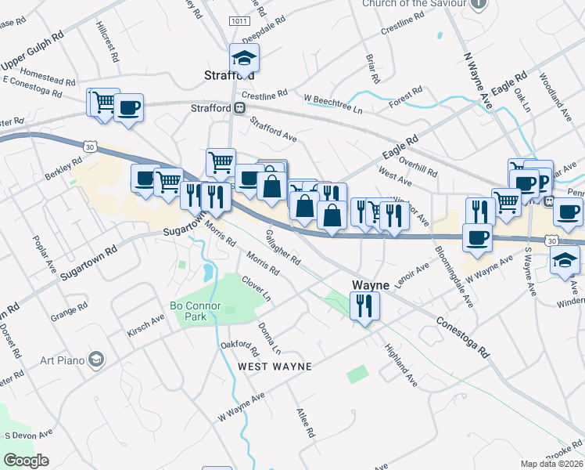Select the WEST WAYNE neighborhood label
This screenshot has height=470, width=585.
pos(275,367)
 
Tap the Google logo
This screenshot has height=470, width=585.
pos(27,460)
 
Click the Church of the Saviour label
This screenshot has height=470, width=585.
pos(414,4)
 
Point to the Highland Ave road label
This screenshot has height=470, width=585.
pos(401,365)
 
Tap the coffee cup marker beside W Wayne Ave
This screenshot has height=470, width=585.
pos(476,236)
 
